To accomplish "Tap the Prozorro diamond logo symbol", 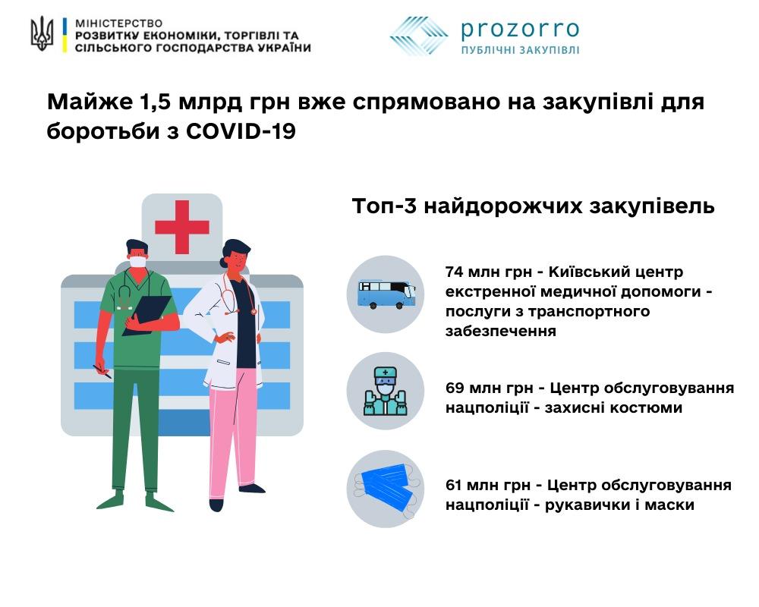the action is tap(419, 36).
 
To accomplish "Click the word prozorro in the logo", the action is tap(520, 30).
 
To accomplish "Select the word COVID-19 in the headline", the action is tap(241, 131).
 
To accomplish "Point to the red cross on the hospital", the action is tap(182, 227).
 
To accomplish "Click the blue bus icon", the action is tap(386, 294).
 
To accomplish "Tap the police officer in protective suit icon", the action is tap(386, 391).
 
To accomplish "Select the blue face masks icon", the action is tap(386, 488).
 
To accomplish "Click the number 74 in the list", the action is tap(455, 272).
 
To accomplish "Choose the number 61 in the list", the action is tap(455, 485).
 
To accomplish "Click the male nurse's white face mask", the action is tap(138, 261).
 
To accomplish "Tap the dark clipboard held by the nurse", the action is tap(147, 315).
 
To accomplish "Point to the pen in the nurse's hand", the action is tap(102, 372).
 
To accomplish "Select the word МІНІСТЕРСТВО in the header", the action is tap(119, 24).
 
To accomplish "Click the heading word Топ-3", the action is tap(384, 206).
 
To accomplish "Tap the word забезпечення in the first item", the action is tap(500, 332).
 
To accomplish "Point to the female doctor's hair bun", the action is tap(224, 263).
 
